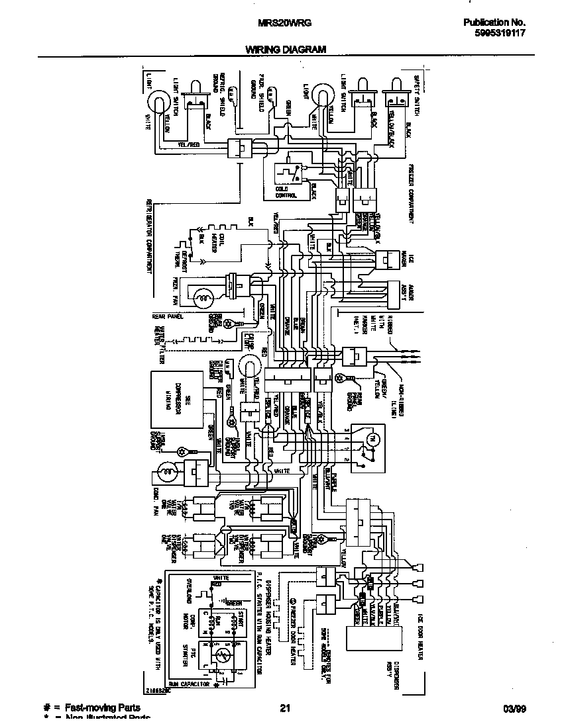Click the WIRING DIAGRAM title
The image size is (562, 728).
pos(286,50)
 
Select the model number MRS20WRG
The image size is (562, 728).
pos(284,22)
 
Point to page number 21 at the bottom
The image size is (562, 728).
pos(285,708)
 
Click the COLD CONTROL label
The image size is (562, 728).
pos(286,191)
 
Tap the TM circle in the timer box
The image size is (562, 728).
pos(372,439)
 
